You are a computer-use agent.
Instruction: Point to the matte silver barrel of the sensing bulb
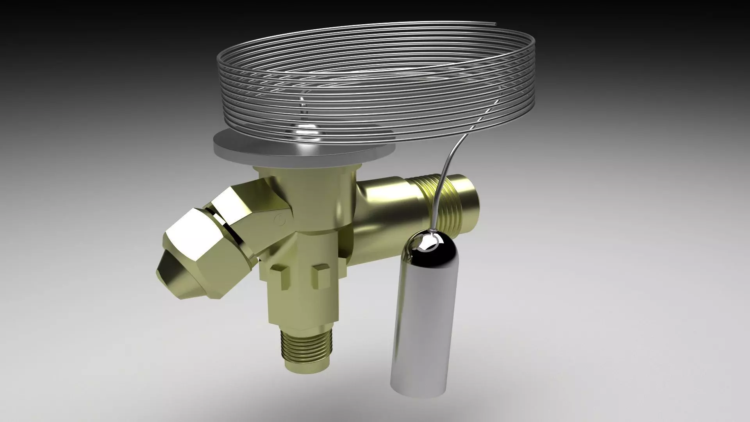tap(422, 313)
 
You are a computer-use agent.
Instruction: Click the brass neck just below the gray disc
tap(305, 176)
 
